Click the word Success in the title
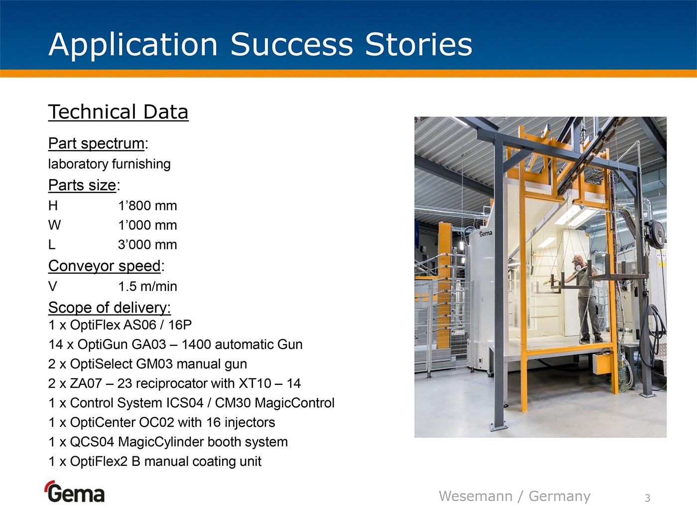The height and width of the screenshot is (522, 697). [x=291, y=44]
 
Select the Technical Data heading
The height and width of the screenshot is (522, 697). [x=118, y=112]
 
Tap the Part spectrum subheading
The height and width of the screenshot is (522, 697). [x=96, y=144]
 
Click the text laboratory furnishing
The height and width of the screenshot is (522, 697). [x=109, y=164]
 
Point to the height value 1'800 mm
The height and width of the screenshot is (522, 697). [x=147, y=206]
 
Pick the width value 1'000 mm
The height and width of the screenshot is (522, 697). [x=147, y=225]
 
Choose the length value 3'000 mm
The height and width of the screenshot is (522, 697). [x=147, y=245]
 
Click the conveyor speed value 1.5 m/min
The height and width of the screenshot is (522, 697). [x=147, y=286]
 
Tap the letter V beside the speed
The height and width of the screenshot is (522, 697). [x=53, y=286]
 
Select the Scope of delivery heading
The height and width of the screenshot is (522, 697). [x=110, y=307]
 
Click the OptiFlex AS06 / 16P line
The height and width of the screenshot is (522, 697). [x=120, y=325]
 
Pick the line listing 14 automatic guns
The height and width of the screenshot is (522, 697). [x=175, y=345]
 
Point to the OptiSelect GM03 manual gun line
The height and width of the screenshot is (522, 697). [x=147, y=364]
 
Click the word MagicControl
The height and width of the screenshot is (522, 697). [x=294, y=403]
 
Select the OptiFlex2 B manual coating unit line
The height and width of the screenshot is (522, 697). [x=155, y=462]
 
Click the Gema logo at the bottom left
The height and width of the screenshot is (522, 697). [x=75, y=492]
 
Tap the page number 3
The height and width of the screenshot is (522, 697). [x=647, y=498]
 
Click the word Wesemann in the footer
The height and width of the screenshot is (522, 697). [x=475, y=496]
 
